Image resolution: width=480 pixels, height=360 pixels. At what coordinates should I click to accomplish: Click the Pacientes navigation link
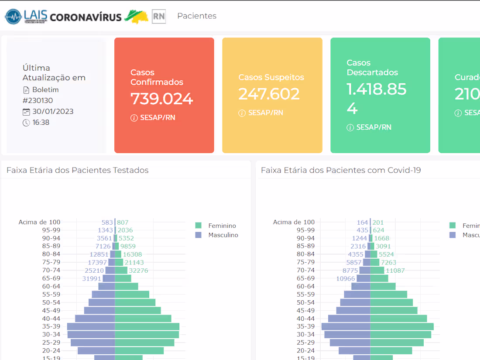coord(197,16)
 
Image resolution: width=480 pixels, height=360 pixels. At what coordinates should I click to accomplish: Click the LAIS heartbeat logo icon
coord(13,17)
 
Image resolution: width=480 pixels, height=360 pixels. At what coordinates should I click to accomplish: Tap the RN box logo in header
coord(159,17)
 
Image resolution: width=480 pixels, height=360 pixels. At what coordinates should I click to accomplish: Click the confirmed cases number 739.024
coord(161,99)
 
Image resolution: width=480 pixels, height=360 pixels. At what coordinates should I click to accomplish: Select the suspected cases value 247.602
coord(269,94)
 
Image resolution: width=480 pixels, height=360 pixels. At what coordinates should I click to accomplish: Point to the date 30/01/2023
coord(53,111)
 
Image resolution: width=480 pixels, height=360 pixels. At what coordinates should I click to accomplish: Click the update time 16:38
coord(41,122)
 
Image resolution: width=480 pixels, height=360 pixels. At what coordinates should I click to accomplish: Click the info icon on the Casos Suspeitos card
coord(242,113)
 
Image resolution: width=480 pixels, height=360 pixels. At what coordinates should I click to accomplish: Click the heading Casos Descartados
coord(372,68)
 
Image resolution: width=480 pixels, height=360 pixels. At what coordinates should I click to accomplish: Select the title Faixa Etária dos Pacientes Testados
coord(78,170)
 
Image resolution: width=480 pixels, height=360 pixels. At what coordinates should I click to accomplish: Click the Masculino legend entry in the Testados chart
coord(223,235)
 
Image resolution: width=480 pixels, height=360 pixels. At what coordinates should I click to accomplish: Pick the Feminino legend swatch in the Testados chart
coord(199,226)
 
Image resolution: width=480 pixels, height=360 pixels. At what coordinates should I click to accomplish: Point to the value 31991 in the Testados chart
coord(92,278)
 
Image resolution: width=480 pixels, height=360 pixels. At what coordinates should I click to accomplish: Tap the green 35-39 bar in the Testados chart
coord(147,326)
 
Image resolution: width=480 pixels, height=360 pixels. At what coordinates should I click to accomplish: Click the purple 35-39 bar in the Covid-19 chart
coord(346,326)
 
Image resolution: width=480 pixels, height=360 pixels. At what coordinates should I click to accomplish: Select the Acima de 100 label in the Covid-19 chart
coord(294,222)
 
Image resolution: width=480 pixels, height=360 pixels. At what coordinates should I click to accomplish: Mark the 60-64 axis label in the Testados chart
coord(51,286)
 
